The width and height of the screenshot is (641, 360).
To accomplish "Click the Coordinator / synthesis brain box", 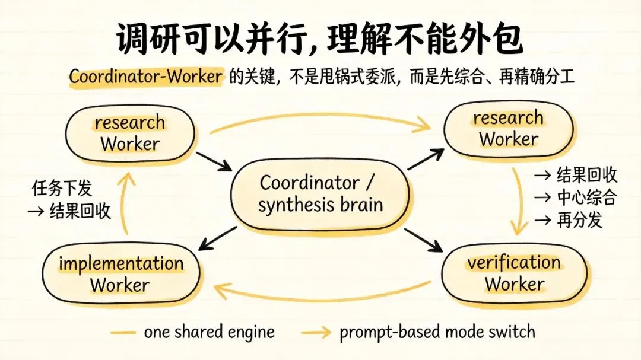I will (x=320, y=193).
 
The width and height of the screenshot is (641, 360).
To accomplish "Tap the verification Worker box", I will (x=514, y=273).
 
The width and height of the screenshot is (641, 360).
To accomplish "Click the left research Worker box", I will (x=130, y=133).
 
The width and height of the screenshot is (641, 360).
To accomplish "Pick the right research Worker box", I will (x=509, y=129).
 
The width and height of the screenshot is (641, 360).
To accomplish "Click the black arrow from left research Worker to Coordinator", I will (x=214, y=161).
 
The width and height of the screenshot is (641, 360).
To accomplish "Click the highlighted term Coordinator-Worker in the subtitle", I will (x=146, y=76).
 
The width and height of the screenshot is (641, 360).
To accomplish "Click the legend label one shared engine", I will (x=209, y=332).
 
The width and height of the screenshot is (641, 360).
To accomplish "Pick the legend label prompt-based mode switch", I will (x=437, y=332).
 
